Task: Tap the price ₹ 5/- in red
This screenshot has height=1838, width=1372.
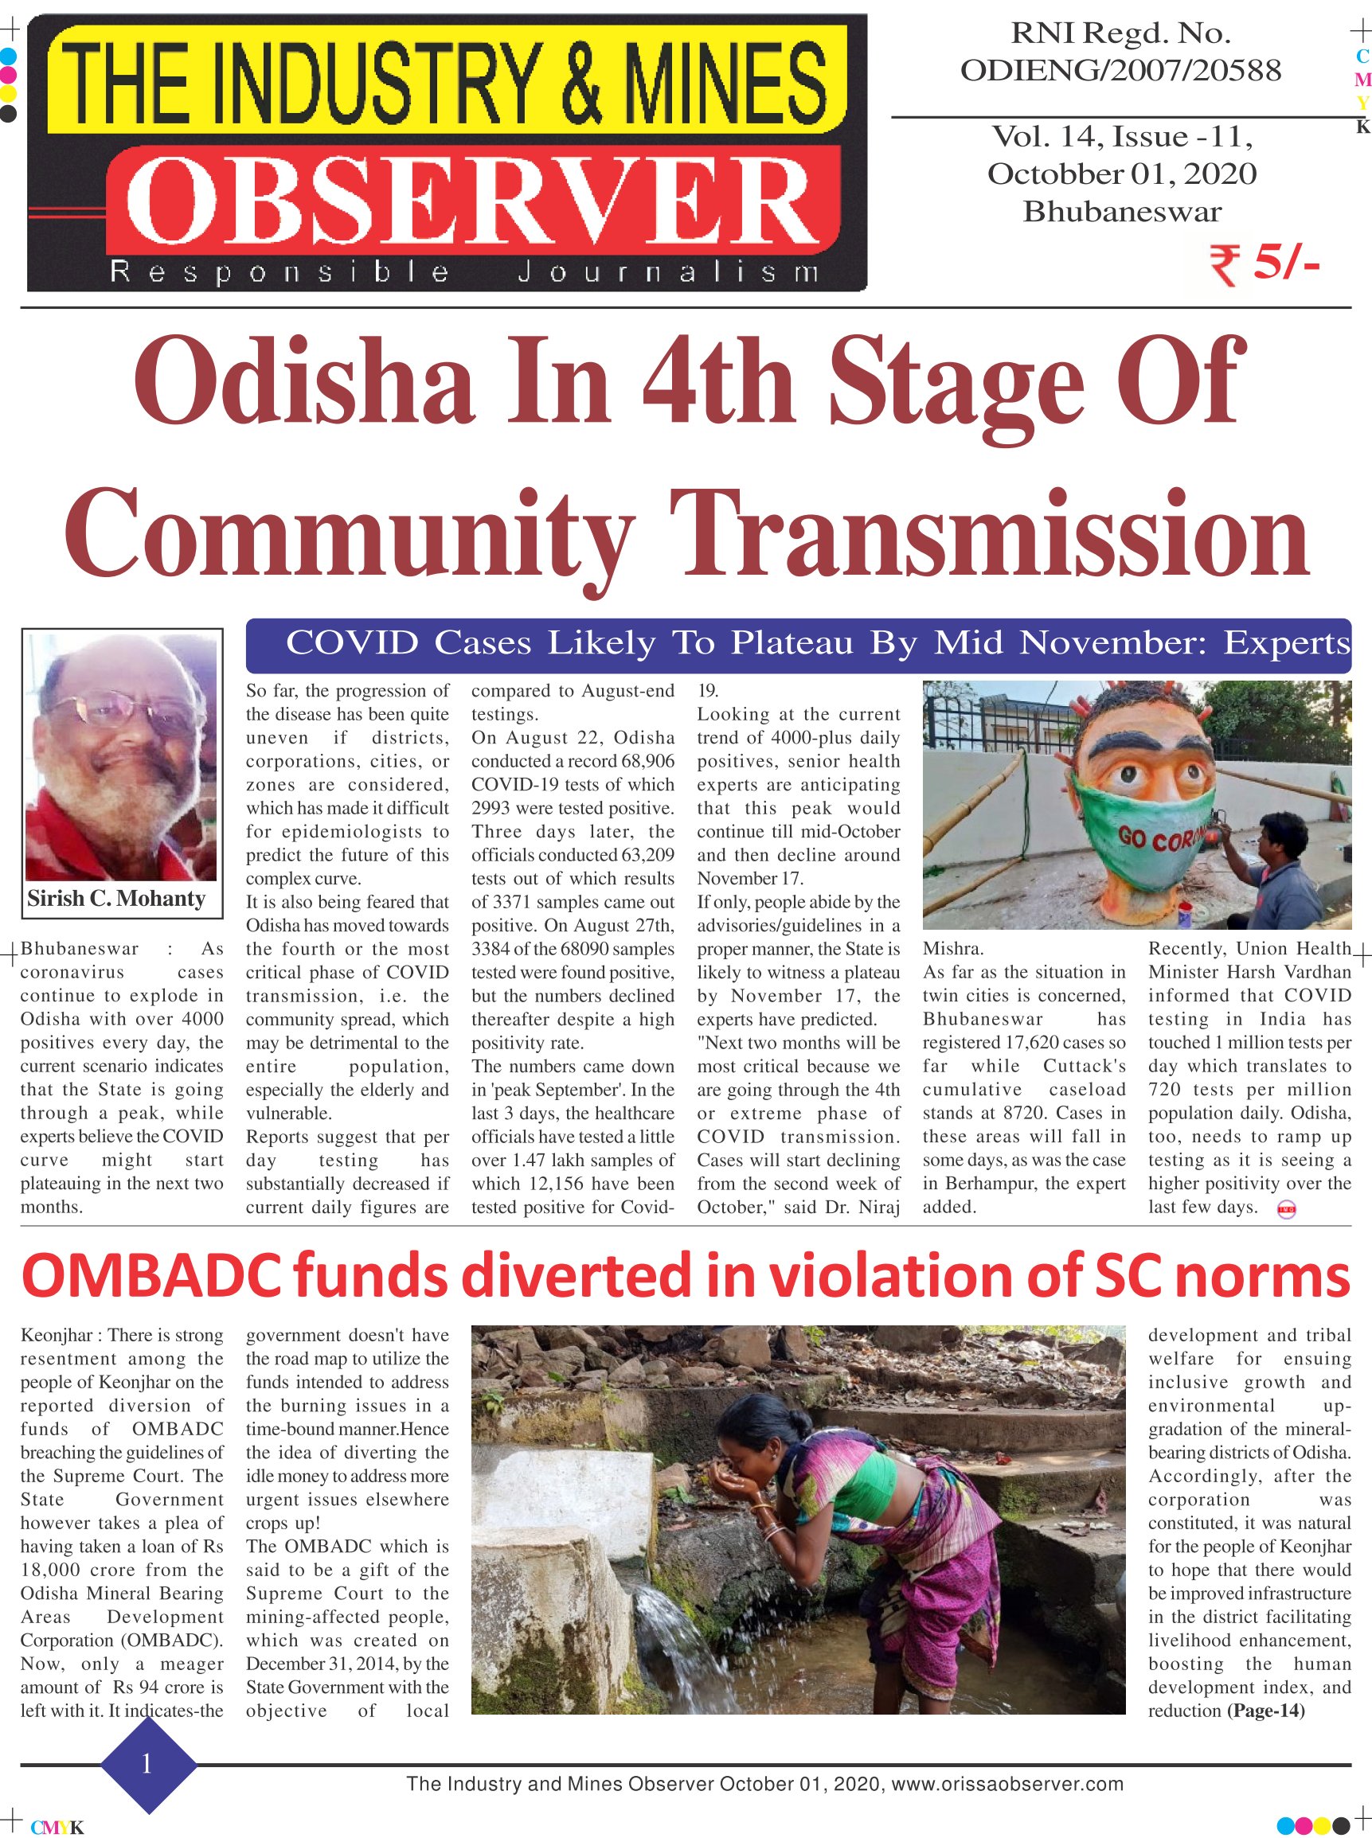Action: click(1264, 263)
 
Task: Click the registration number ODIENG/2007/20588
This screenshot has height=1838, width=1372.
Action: click(1120, 71)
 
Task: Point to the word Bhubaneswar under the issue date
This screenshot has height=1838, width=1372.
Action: click(1121, 212)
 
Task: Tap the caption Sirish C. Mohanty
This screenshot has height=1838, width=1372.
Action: click(116, 899)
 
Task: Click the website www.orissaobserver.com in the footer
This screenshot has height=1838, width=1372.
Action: click(1007, 1784)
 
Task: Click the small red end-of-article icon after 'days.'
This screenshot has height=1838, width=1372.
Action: click(1286, 1211)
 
